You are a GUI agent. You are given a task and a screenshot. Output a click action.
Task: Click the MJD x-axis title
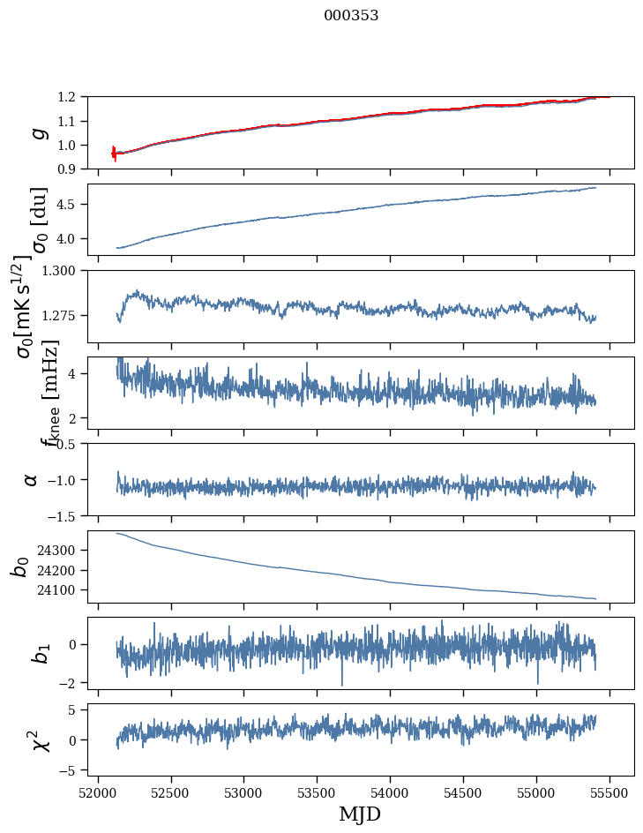point(360,814)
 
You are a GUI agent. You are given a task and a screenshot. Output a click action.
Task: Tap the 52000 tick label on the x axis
point(98,792)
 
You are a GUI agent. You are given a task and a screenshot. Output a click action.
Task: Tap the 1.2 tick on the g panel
point(69,97)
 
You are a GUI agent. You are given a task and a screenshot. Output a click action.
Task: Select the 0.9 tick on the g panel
point(69,169)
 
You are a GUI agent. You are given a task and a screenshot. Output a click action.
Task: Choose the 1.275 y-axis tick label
point(62,315)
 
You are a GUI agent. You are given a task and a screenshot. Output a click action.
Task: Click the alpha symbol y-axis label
point(31,479)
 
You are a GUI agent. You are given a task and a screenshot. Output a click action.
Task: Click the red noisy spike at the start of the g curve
point(114,154)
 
